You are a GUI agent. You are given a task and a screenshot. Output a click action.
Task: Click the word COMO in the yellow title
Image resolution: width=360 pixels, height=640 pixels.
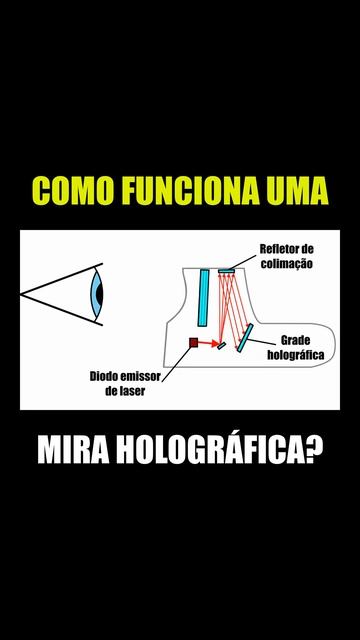pos(73,191)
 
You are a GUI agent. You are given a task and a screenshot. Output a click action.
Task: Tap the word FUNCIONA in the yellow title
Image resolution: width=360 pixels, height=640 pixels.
pos(190,191)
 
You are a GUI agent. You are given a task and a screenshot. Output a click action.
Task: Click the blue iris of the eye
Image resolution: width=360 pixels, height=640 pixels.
pos(97,294)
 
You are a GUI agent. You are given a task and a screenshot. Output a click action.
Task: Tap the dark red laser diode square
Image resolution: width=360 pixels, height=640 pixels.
pos(193,342)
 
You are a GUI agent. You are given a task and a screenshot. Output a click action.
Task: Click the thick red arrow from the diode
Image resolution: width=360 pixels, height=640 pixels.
pos(209,343)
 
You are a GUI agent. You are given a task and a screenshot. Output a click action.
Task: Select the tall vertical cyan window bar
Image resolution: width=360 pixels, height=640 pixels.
pos(203,298)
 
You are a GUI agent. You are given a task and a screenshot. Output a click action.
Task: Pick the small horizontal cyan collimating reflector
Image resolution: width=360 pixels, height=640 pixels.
pos(227,271)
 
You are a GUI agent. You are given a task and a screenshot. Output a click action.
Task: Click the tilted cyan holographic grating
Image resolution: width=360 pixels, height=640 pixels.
pos(245,338)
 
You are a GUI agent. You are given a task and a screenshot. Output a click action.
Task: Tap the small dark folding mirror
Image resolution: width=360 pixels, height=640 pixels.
pos(222,346)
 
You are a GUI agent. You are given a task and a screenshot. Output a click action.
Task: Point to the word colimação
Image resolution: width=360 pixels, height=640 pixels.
pos(287,263)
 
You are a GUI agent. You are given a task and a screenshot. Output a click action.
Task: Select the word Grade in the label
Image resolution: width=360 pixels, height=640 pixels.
pos(296,340)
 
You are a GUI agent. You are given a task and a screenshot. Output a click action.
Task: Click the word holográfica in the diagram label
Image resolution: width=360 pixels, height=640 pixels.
pos(296,355)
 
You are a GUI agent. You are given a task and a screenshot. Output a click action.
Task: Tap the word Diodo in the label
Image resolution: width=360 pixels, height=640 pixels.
pos(102,376)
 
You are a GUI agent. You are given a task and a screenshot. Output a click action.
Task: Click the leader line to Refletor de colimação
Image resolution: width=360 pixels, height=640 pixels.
pos(242,262)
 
